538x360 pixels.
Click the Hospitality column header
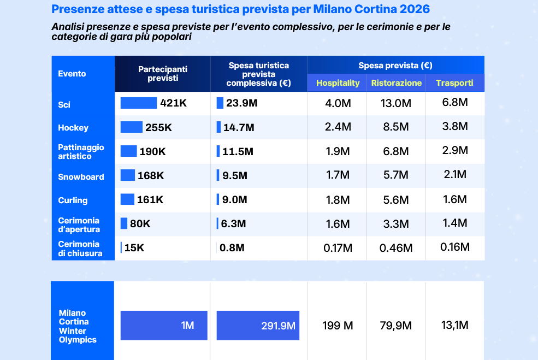click(x=338, y=83)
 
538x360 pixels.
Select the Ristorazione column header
click(x=396, y=83)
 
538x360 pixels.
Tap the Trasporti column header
click(x=454, y=83)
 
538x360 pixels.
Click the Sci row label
click(x=64, y=104)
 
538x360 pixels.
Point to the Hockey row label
click(x=73, y=128)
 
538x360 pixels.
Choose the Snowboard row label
click(x=81, y=177)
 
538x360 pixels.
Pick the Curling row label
click(x=73, y=200)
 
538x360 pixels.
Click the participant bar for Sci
click(x=138, y=103)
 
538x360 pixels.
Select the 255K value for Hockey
click(x=158, y=128)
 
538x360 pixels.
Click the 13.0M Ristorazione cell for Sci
click(x=395, y=103)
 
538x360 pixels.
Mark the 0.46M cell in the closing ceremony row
click(x=396, y=248)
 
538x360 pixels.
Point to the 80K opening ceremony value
click(x=140, y=224)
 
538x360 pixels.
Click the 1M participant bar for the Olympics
click(x=164, y=326)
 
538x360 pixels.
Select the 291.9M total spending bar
click(x=258, y=326)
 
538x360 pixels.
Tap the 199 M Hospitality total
click(x=338, y=326)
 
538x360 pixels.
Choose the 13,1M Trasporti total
click(x=454, y=326)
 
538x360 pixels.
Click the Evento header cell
click(x=72, y=74)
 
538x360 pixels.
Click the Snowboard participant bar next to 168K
click(x=127, y=175)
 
